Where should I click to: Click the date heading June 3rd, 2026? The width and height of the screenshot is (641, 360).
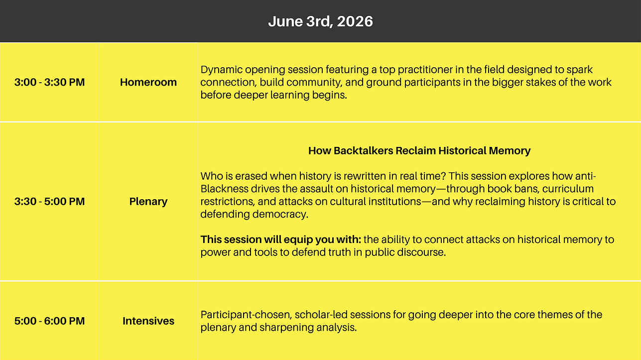click(321, 21)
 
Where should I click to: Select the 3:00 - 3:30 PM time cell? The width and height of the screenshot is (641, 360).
click(49, 82)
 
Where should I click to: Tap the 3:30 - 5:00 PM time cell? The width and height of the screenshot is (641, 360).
click(49, 202)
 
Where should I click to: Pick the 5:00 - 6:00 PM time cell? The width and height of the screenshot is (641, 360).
click(49, 321)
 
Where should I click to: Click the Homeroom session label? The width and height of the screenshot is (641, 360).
click(148, 82)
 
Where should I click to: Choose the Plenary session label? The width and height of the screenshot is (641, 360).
click(148, 202)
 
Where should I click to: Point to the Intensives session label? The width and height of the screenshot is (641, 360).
click(148, 321)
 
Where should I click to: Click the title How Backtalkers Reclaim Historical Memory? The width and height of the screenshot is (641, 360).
click(419, 151)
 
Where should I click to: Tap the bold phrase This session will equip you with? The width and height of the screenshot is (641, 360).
click(281, 240)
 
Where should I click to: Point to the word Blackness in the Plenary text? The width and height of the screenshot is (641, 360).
click(224, 189)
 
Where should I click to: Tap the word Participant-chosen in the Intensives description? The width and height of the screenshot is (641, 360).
click(246, 315)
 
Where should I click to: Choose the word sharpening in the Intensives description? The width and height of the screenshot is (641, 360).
click(286, 328)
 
